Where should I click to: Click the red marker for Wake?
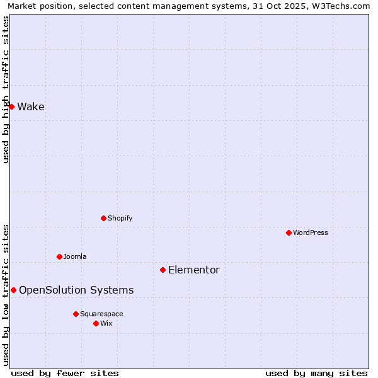coord(11,106)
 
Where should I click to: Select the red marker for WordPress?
coord(289,232)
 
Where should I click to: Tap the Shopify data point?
coord(103,218)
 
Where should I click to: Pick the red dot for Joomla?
coord(59,256)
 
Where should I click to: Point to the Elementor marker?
coord(163,270)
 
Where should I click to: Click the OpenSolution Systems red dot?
coord(13,290)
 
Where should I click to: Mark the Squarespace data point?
coord(76,314)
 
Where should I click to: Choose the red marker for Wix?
coord(96,323)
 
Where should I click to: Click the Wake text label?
coord(31,106)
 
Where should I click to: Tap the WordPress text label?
coord(311,232)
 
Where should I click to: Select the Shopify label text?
coord(120,218)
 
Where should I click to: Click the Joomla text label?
coord(75,256)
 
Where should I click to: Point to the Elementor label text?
coord(194,270)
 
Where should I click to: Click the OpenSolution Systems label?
coord(76,290)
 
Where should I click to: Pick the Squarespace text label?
coord(101,314)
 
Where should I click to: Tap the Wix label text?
coord(106,323)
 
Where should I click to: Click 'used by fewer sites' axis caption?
coord(65,373)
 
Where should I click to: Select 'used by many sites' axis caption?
coord(316,373)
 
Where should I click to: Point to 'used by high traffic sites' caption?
coord(6,89)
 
